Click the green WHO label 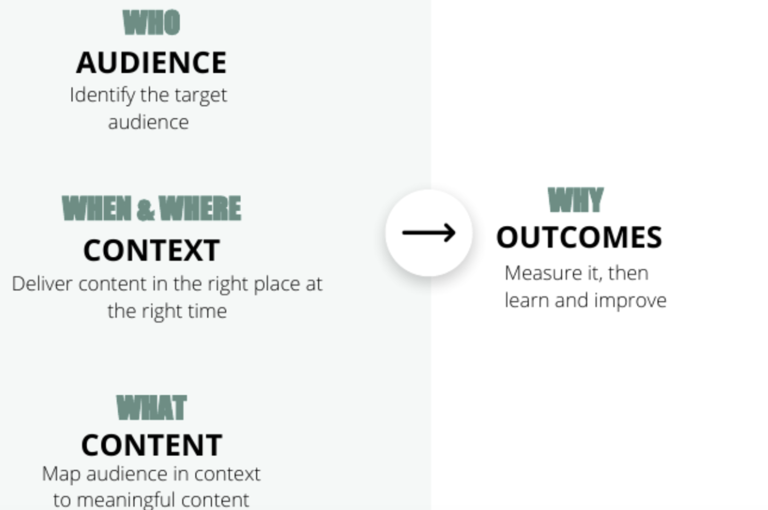click(x=152, y=23)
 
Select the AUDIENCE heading click(x=152, y=63)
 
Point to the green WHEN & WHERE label click(x=152, y=208)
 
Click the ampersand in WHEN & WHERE click(x=145, y=209)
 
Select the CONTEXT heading click(x=152, y=251)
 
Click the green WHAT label click(x=152, y=408)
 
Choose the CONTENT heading click(x=152, y=445)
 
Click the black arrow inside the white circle click(x=429, y=233)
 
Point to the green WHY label click(x=576, y=200)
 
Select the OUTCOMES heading click(x=579, y=238)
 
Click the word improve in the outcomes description click(x=630, y=301)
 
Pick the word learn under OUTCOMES click(x=527, y=301)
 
